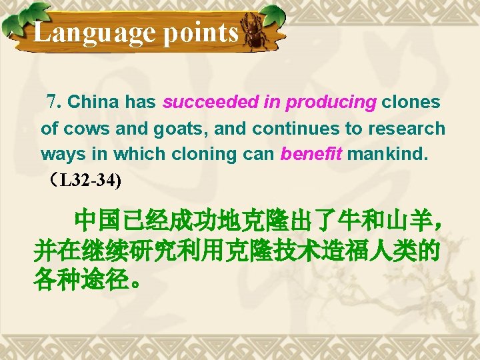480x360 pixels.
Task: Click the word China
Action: [93, 103]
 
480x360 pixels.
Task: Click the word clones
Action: [411, 103]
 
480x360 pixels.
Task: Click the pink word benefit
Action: [311, 154]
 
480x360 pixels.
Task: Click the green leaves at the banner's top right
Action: [270, 15]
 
